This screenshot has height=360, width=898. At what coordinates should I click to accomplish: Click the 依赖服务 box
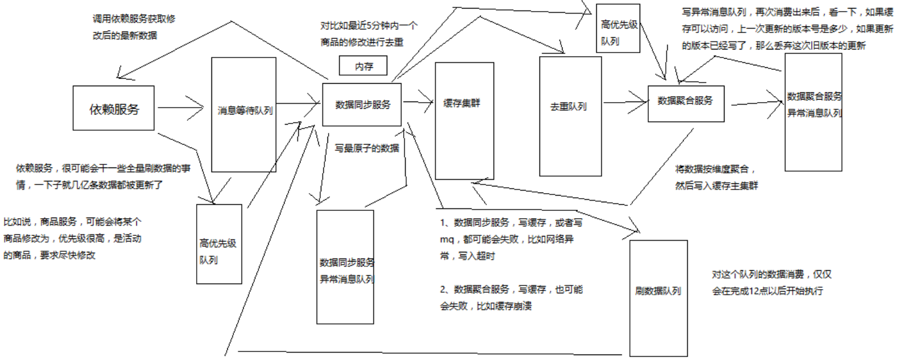(x=114, y=108)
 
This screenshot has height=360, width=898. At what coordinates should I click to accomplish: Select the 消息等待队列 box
(x=245, y=111)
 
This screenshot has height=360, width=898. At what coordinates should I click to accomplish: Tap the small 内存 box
(x=364, y=66)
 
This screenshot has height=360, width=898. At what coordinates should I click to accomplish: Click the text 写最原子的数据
(x=367, y=148)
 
